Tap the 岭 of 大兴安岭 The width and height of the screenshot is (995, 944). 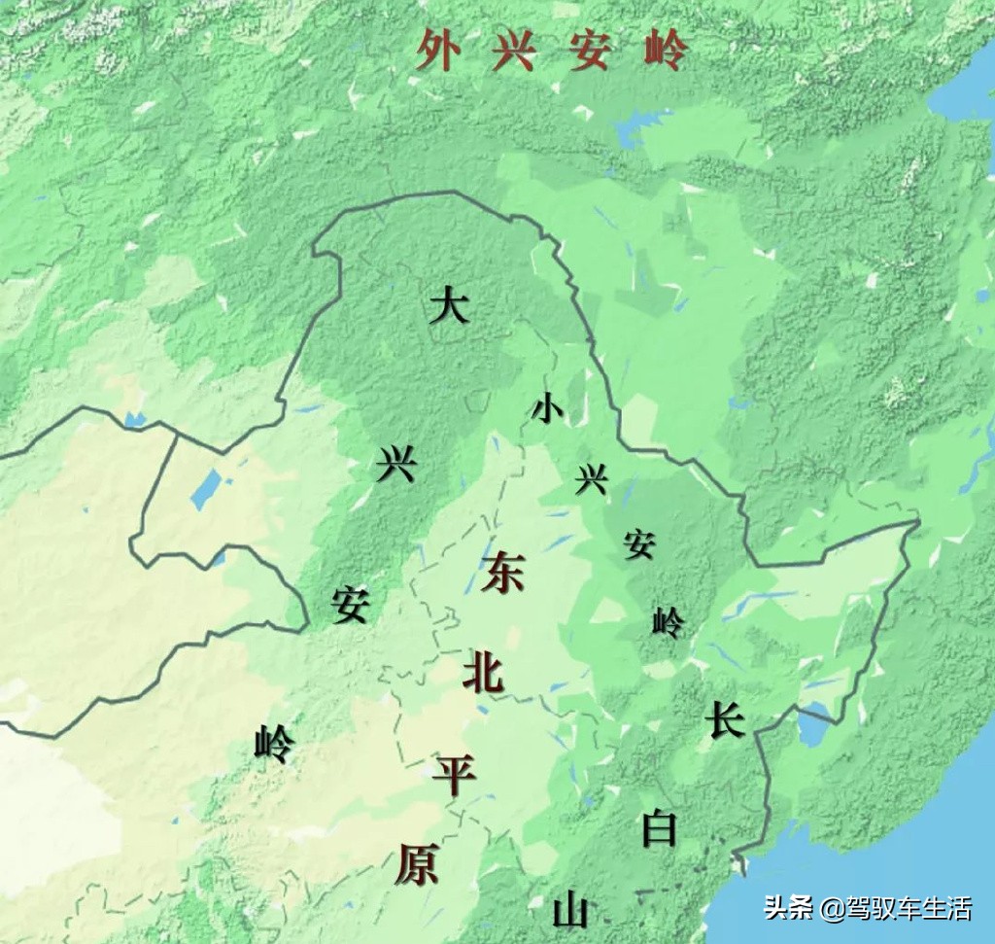coord(273,745)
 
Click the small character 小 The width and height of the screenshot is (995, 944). coord(546,409)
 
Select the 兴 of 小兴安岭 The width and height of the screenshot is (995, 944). coord(591,478)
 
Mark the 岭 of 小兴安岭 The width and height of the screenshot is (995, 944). coord(668,620)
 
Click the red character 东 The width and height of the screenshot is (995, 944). coord(502,572)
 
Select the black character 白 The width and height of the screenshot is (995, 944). coord(660,828)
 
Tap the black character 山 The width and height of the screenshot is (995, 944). coord(570,912)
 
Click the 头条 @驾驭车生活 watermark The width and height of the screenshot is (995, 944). coord(868,909)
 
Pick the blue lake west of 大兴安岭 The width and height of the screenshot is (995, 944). coord(206,490)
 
